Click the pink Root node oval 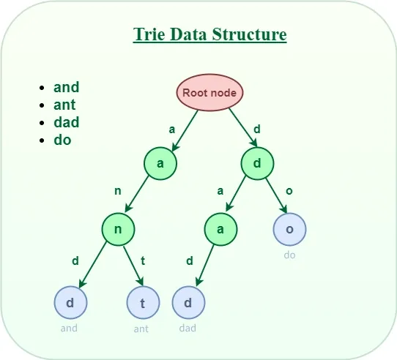coord(210,92)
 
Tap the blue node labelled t coord(143,303)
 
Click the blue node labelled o coord(289,229)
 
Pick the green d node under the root coord(257,163)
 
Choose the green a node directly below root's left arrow coord(160,163)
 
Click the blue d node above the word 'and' coord(70,303)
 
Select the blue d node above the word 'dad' coord(188,303)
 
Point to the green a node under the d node coord(220,229)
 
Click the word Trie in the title coord(149,34)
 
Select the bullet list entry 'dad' coord(66,122)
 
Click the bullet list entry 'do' coord(62,139)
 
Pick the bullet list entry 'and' coord(66,87)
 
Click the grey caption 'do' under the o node coord(289,255)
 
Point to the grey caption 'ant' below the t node coord(141,329)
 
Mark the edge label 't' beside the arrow coord(144,260)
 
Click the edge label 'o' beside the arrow coord(289,191)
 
